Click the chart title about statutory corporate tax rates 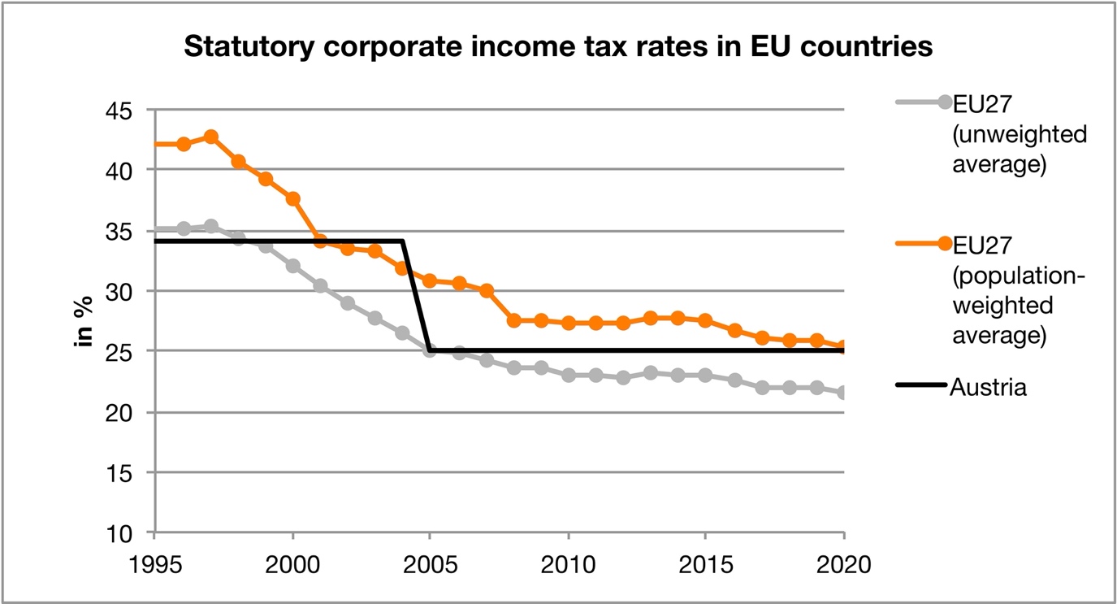coord(557,48)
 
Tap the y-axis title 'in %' coord(84,323)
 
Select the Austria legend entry coord(988,387)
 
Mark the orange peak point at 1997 coord(210,137)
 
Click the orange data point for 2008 coord(513,321)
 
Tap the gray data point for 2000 coord(292,266)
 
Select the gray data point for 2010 coord(569,375)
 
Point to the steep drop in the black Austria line coord(416,296)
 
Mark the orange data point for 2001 coord(320,241)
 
